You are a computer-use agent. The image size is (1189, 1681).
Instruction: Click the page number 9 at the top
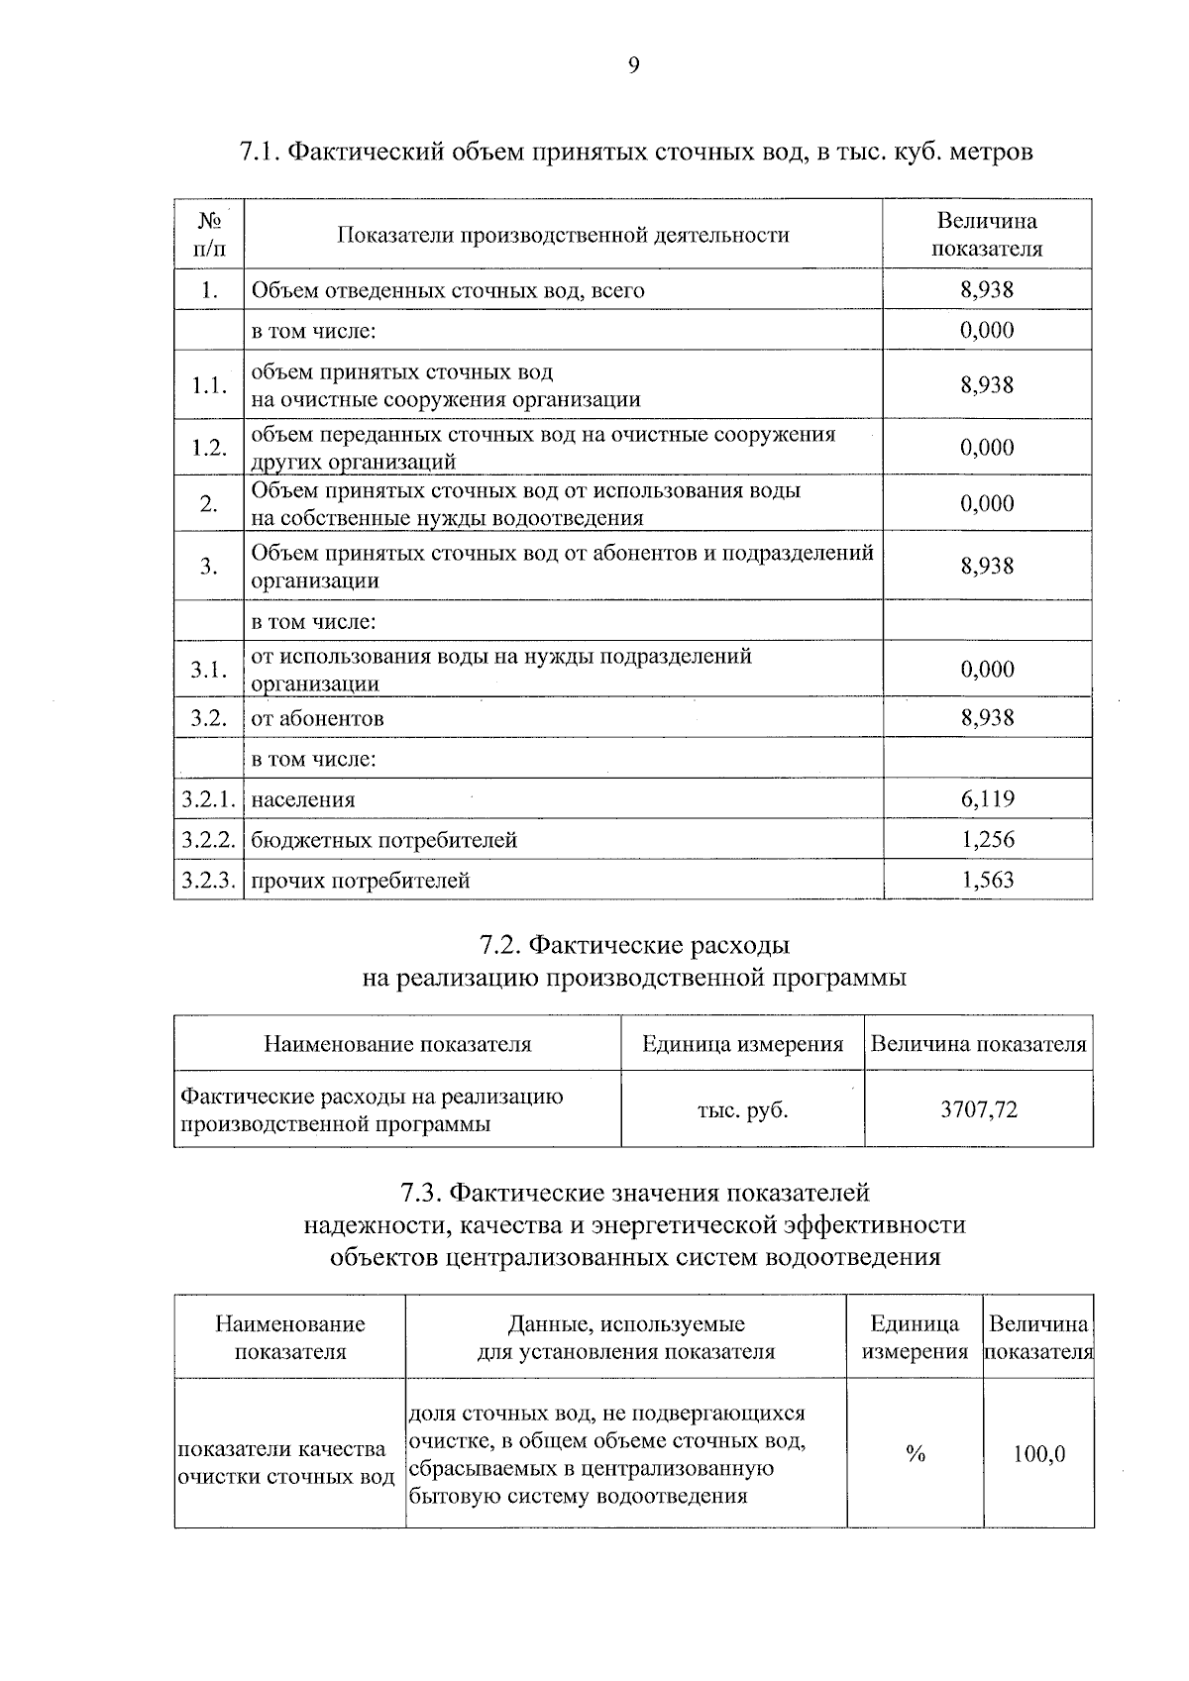(x=634, y=65)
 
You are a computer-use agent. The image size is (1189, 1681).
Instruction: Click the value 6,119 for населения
(x=987, y=798)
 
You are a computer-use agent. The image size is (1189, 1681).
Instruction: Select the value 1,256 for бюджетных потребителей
(x=987, y=839)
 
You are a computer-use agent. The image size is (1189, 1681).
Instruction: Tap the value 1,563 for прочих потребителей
(x=987, y=880)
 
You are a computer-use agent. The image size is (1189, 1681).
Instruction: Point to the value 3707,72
(x=978, y=1109)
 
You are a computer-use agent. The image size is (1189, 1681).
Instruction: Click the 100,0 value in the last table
(x=1038, y=1454)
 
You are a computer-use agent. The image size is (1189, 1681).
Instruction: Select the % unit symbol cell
(x=915, y=1454)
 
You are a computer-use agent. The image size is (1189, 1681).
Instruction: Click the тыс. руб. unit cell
(x=742, y=1109)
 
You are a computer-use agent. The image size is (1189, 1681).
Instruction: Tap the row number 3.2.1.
(x=208, y=798)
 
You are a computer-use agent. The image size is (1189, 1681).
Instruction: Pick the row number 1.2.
(x=208, y=448)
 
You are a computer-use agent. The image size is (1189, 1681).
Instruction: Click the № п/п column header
(x=208, y=234)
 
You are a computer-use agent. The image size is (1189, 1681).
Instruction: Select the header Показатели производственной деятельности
(x=563, y=235)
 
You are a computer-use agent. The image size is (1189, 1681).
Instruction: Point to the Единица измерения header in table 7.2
(x=742, y=1044)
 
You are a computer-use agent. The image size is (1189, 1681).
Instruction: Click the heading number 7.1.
(x=260, y=153)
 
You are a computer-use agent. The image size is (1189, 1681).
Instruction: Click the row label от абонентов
(x=317, y=718)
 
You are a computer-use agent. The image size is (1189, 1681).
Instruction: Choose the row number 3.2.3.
(x=208, y=880)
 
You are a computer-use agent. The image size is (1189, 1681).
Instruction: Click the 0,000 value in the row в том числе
(x=987, y=330)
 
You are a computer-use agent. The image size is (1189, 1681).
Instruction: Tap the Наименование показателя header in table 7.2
(x=396, y=1044)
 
